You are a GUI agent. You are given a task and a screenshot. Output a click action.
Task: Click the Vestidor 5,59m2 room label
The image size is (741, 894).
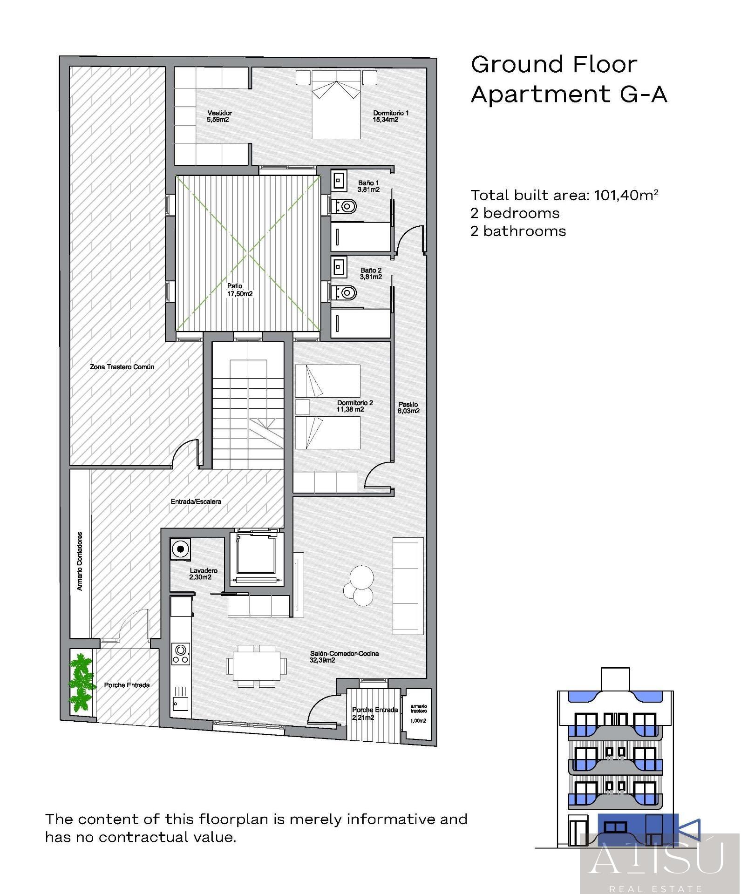click(219, 116)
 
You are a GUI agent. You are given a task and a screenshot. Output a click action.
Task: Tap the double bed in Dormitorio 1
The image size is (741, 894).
click(336, 105)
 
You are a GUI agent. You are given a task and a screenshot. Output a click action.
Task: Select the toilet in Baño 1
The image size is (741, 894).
click(345, 205)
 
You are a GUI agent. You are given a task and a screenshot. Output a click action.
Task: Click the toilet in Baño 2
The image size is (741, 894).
click(345, 292)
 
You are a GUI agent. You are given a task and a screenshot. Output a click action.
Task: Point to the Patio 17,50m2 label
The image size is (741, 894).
click(239, 290)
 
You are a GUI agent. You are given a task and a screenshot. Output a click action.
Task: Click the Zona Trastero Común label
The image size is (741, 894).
click(122, 367)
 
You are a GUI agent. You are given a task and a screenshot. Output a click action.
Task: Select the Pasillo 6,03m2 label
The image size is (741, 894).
click(408, 408)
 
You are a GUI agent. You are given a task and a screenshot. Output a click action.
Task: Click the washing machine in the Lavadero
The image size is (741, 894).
click(180, 549)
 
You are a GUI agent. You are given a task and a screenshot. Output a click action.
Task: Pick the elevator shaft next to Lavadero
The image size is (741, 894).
click(257, 558)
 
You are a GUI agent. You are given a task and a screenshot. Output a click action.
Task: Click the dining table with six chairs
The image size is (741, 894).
click(253, 666)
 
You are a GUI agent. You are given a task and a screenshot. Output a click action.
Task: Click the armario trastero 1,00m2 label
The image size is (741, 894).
click(418, 713)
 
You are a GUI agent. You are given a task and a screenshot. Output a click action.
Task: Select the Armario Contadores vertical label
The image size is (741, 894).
click(80, 561)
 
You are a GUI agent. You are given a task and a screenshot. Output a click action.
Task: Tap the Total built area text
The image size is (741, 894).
click(564, 195)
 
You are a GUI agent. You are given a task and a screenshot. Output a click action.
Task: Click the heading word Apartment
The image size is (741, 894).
click(540, 95)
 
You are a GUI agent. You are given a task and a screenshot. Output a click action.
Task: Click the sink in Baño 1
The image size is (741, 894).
click(339, 180)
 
